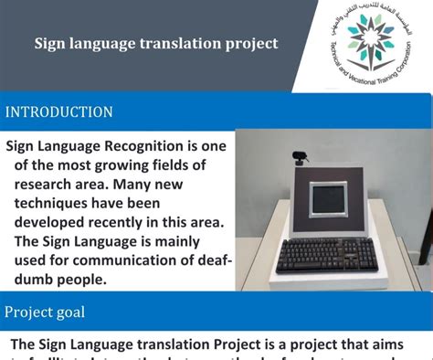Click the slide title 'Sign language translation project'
click(156, 43)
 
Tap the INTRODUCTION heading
click(59, 112)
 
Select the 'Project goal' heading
click(46, 312)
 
